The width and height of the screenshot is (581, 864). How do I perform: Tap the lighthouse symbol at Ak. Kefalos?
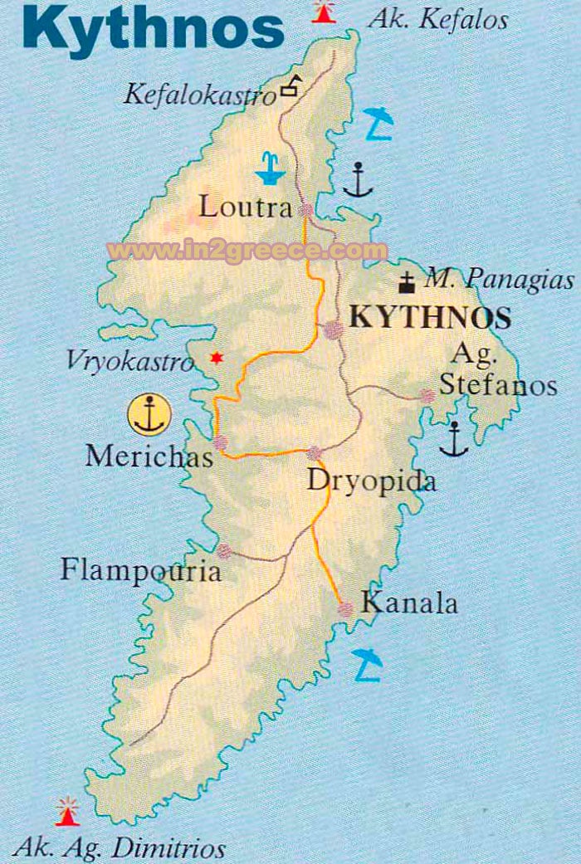324,12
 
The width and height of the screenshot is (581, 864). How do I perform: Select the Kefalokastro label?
199,95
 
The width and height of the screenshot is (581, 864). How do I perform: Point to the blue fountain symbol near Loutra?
269,168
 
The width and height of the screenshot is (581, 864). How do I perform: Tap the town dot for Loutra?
306,211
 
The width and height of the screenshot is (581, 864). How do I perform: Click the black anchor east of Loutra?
358,180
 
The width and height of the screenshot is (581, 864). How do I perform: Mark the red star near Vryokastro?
217,358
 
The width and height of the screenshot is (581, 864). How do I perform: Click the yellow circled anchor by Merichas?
150,414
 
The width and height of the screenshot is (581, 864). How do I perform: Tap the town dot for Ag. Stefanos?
427,397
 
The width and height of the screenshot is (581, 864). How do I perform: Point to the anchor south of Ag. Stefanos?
454,439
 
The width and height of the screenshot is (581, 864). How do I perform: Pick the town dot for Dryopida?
314,453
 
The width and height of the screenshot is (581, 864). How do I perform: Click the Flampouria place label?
141,570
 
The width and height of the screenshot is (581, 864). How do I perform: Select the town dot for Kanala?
345,609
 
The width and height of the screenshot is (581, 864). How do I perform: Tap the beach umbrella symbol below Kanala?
366,664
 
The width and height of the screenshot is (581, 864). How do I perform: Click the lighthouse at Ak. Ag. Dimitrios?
66,811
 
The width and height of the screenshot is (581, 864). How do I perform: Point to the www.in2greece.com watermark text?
247,250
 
